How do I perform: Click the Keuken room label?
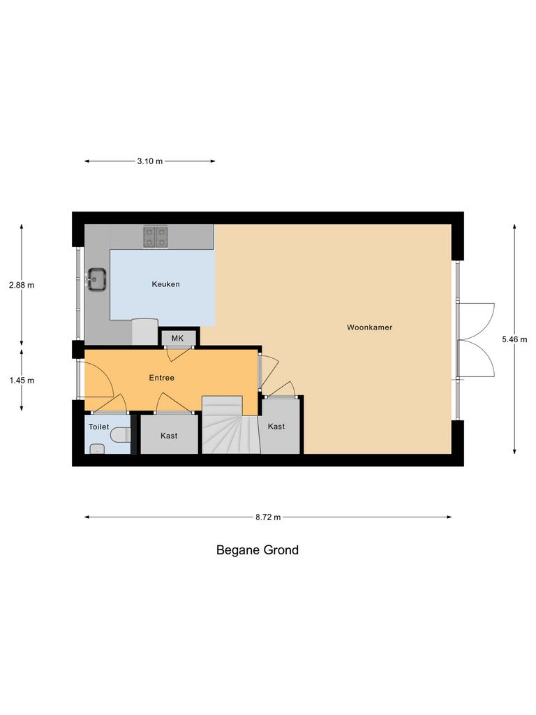[x=166, y=284]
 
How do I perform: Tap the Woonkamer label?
[x=369, y=327]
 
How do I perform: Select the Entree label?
[x=161, y=378]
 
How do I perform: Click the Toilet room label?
[x=98, y=426]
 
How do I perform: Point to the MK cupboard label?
[x=177, y=339]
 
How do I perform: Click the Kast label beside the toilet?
[x=169, y=436]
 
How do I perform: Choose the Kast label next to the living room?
[x=276, y=426]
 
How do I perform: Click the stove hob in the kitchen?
[x=156, y=237]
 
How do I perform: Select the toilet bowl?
[x=121, y=435]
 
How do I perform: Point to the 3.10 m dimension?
[x=149, y=161]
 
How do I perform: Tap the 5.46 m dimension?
[x=514, y=339]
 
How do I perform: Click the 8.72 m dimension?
[x=267, y=517]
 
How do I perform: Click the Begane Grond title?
[x=257, y=550]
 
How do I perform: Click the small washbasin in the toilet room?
[x=96, y=449]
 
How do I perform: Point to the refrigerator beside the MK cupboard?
[x=145, y=332]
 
